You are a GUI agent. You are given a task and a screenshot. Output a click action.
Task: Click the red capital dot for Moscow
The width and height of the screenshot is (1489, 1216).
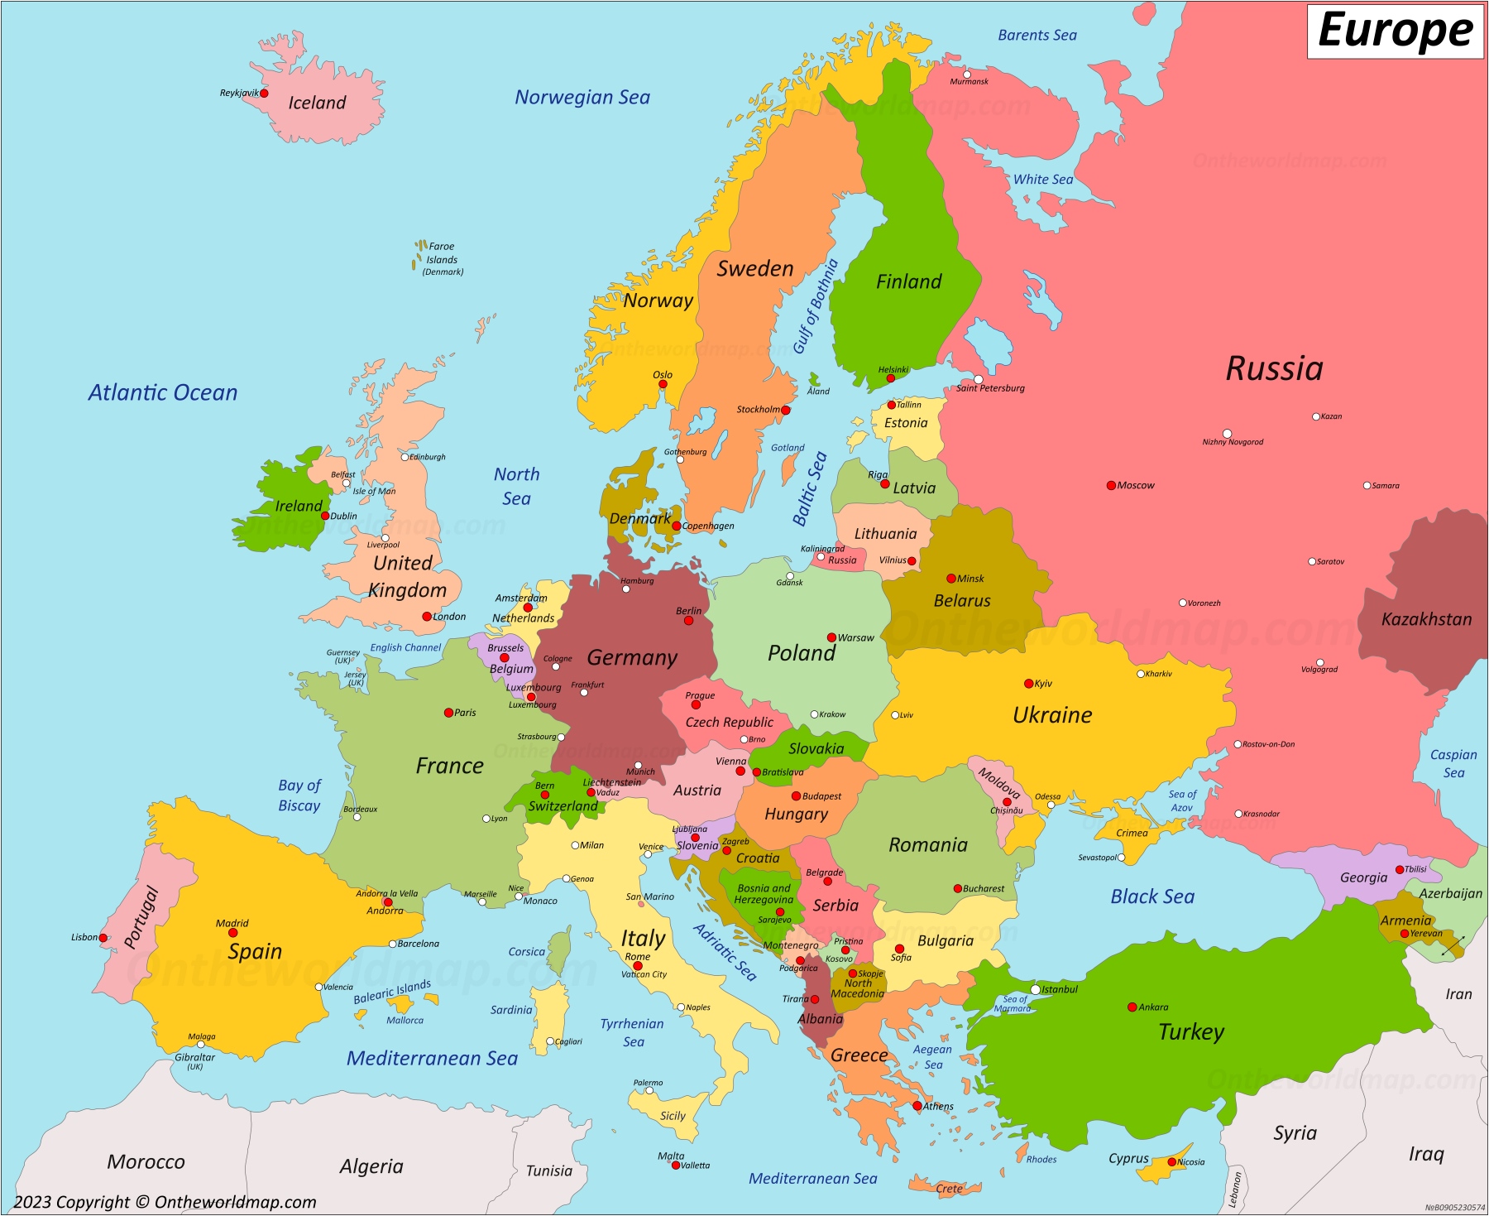pos(1111,485)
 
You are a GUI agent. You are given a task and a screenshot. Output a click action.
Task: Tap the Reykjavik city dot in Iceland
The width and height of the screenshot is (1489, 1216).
pos(264,94)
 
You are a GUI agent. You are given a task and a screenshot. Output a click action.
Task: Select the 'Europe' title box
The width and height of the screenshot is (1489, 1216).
pos(1395,31)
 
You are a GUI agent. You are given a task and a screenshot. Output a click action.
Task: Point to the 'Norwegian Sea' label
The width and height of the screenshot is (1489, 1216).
pos(582,98)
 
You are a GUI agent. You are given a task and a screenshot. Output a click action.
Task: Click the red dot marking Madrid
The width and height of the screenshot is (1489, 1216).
pos(232,933)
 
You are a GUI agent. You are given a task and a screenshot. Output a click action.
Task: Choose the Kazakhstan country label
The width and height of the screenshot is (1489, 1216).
pos(1426,619)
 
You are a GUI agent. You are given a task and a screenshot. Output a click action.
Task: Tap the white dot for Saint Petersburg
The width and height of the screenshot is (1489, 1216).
pos(978,379)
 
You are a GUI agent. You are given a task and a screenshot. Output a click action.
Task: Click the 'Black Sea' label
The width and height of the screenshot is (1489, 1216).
pos(1151,896)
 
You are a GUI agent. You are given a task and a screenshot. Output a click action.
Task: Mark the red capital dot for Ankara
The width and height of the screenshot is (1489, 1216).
pos(1132,1007)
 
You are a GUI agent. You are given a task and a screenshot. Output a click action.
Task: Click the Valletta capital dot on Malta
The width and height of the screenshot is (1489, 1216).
pos(676,1166)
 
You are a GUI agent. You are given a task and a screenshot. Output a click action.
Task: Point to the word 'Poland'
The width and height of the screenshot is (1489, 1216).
pos(801,653)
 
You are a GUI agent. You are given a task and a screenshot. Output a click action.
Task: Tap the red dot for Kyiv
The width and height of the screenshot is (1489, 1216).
pos(1028,684)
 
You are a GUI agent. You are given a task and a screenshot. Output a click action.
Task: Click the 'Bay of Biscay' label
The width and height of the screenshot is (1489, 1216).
pos(299,795)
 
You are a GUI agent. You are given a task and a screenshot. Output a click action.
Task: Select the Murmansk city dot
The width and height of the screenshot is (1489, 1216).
pos(966,74)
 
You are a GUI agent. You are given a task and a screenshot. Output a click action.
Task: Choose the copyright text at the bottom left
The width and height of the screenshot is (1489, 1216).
pos(165,1202)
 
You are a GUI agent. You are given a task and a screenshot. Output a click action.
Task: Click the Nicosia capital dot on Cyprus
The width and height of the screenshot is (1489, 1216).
pos(1171,1162)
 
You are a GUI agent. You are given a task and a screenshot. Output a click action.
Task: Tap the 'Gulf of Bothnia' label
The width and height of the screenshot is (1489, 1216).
pos(816,306)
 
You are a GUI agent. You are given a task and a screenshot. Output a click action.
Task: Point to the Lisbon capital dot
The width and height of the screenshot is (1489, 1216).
pos(103,938)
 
